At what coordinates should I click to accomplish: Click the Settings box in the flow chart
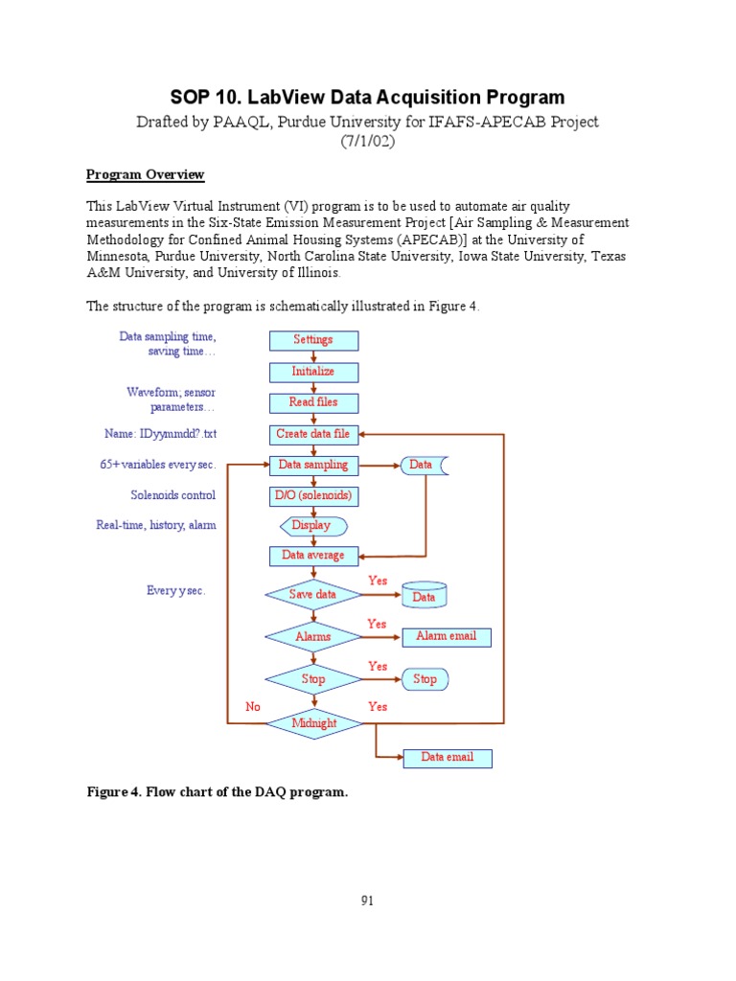(313, 340)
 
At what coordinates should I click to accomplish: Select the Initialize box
(313, 371)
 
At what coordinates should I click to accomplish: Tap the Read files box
(313, 402)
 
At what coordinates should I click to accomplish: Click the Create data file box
(313, 434)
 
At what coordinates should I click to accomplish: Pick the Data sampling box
(313, 466)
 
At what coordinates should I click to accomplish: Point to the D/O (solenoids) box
(313, 496)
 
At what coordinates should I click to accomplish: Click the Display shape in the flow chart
(312, 526)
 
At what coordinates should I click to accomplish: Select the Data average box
(313, 556)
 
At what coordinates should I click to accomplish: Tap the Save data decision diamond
(313, 595)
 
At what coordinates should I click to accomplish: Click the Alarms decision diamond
(313, 636)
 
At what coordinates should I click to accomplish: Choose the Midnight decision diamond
(313, 723)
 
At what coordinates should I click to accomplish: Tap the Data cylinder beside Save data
(424, 596)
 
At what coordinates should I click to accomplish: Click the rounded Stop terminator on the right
(425, 679)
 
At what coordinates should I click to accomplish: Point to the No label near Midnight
(253, 707)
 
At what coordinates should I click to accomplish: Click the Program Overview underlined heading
(145, 174)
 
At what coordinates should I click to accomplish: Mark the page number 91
(367, 901)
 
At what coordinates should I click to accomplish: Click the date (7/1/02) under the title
(367, 141)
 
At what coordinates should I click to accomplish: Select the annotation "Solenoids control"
(172, 495)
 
